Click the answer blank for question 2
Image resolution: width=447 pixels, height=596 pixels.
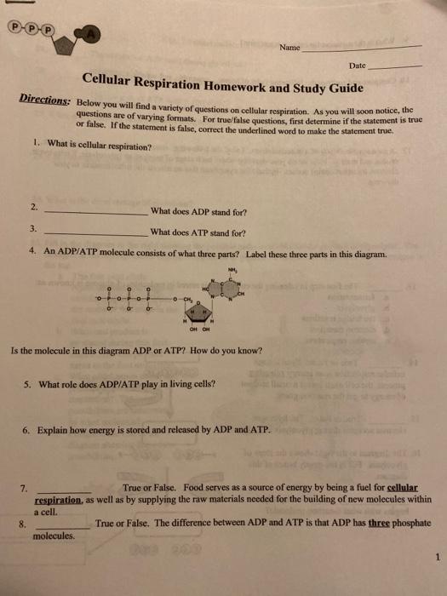pos(95,212)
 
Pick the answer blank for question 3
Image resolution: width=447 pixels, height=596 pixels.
pos(95,232)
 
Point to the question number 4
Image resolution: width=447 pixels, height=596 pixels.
pos(32,252)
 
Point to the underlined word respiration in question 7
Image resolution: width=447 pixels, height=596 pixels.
pos(58,501)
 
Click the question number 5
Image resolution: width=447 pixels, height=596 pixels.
pos(30,385)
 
